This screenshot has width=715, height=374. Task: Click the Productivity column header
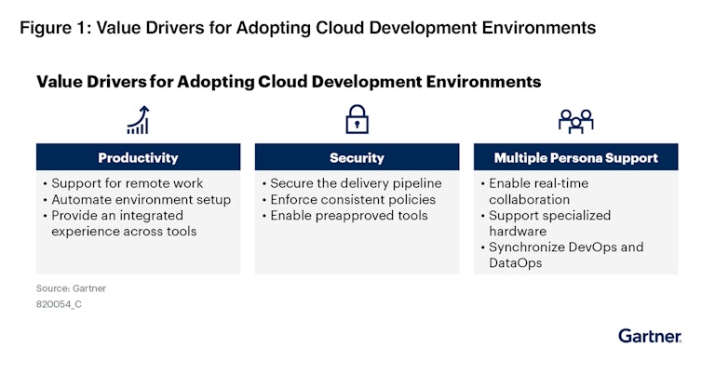(138, 157)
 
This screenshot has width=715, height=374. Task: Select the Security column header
(357, 157)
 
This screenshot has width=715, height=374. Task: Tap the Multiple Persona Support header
(576, 157)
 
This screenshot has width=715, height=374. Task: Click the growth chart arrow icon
(138, 120)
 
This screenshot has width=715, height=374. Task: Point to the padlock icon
(357, 119)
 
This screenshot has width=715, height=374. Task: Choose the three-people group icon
(576, 121)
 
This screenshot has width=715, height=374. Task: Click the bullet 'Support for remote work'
(123, 183)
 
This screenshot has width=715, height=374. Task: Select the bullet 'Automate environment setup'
(137, 199)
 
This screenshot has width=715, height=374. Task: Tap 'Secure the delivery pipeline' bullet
(352, 183)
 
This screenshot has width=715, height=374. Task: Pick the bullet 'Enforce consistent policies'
(349, 199)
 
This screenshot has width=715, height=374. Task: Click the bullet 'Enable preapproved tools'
(345, 216)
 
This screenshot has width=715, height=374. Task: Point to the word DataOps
(515, 263)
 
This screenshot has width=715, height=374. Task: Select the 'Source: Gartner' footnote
(71, 288)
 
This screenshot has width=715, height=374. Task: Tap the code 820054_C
(60, 304)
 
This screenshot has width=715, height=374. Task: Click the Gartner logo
(650, 336)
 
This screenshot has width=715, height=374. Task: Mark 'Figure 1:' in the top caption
(56, 28)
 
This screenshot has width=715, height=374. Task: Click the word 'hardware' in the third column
(518, 232)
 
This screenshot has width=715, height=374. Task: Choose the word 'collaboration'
(530, 199)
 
